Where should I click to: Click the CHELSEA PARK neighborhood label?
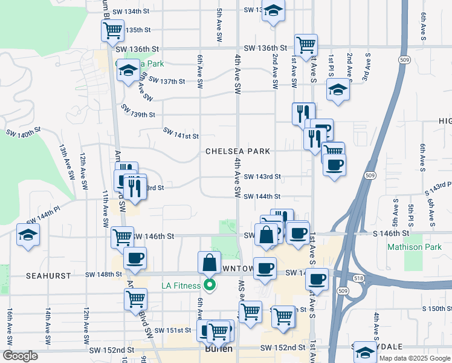237,151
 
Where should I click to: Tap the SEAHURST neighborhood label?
48,275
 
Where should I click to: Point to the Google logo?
20,356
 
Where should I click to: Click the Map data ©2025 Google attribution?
415,357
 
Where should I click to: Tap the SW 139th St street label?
138,111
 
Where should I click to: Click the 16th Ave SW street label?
10,324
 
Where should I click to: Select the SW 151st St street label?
173,330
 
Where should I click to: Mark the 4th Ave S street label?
376,327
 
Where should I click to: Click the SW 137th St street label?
166,81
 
